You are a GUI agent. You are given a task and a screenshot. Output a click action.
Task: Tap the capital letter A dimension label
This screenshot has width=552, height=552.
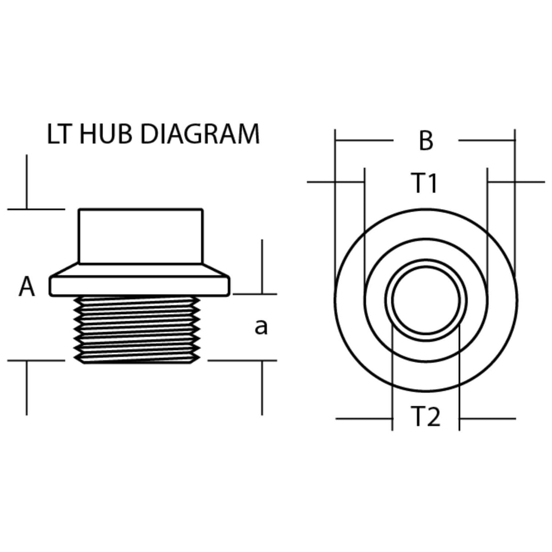[x=27, y=287]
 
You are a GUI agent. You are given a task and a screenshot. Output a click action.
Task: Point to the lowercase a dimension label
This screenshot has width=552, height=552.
[x=261, y=326]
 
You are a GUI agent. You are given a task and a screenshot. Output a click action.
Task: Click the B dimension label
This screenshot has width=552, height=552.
[x=426, y=141]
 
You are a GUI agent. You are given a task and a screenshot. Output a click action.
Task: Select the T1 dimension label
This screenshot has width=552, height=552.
[x=425, y=183]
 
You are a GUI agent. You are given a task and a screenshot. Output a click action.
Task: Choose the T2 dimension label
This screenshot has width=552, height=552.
[x=426, y=417]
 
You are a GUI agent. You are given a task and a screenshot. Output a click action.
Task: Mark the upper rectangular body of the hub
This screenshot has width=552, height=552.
[x=141, y=236]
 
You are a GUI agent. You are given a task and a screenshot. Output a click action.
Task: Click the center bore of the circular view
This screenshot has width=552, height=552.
[x=426, y=300]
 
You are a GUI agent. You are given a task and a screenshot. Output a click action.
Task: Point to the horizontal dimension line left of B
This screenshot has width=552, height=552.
[x=364, y=141]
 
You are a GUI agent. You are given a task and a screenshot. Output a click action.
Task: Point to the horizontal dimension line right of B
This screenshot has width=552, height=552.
[x=487, y=141]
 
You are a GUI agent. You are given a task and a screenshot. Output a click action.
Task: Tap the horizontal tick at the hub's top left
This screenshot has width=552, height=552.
[x=36, y=209]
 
